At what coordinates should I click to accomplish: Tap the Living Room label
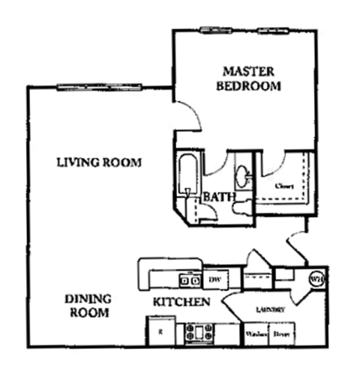pyautogui.click(x=100, y=163)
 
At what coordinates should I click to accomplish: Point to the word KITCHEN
pyautogui.click(x=181, y=302)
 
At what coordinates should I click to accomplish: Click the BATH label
pyautogui.click(x=220, y=197)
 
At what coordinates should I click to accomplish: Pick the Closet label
pyautogui.click(x=283, y=185)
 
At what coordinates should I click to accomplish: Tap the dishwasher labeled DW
pyautogui.click(x=214, y=279)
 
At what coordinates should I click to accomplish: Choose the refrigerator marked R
pyautogui.click(x=159, y=330)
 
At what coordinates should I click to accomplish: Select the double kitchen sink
pyautogui.click(x=189, y=280)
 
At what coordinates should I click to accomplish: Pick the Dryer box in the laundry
pyautogui.click(x=282, y=333)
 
